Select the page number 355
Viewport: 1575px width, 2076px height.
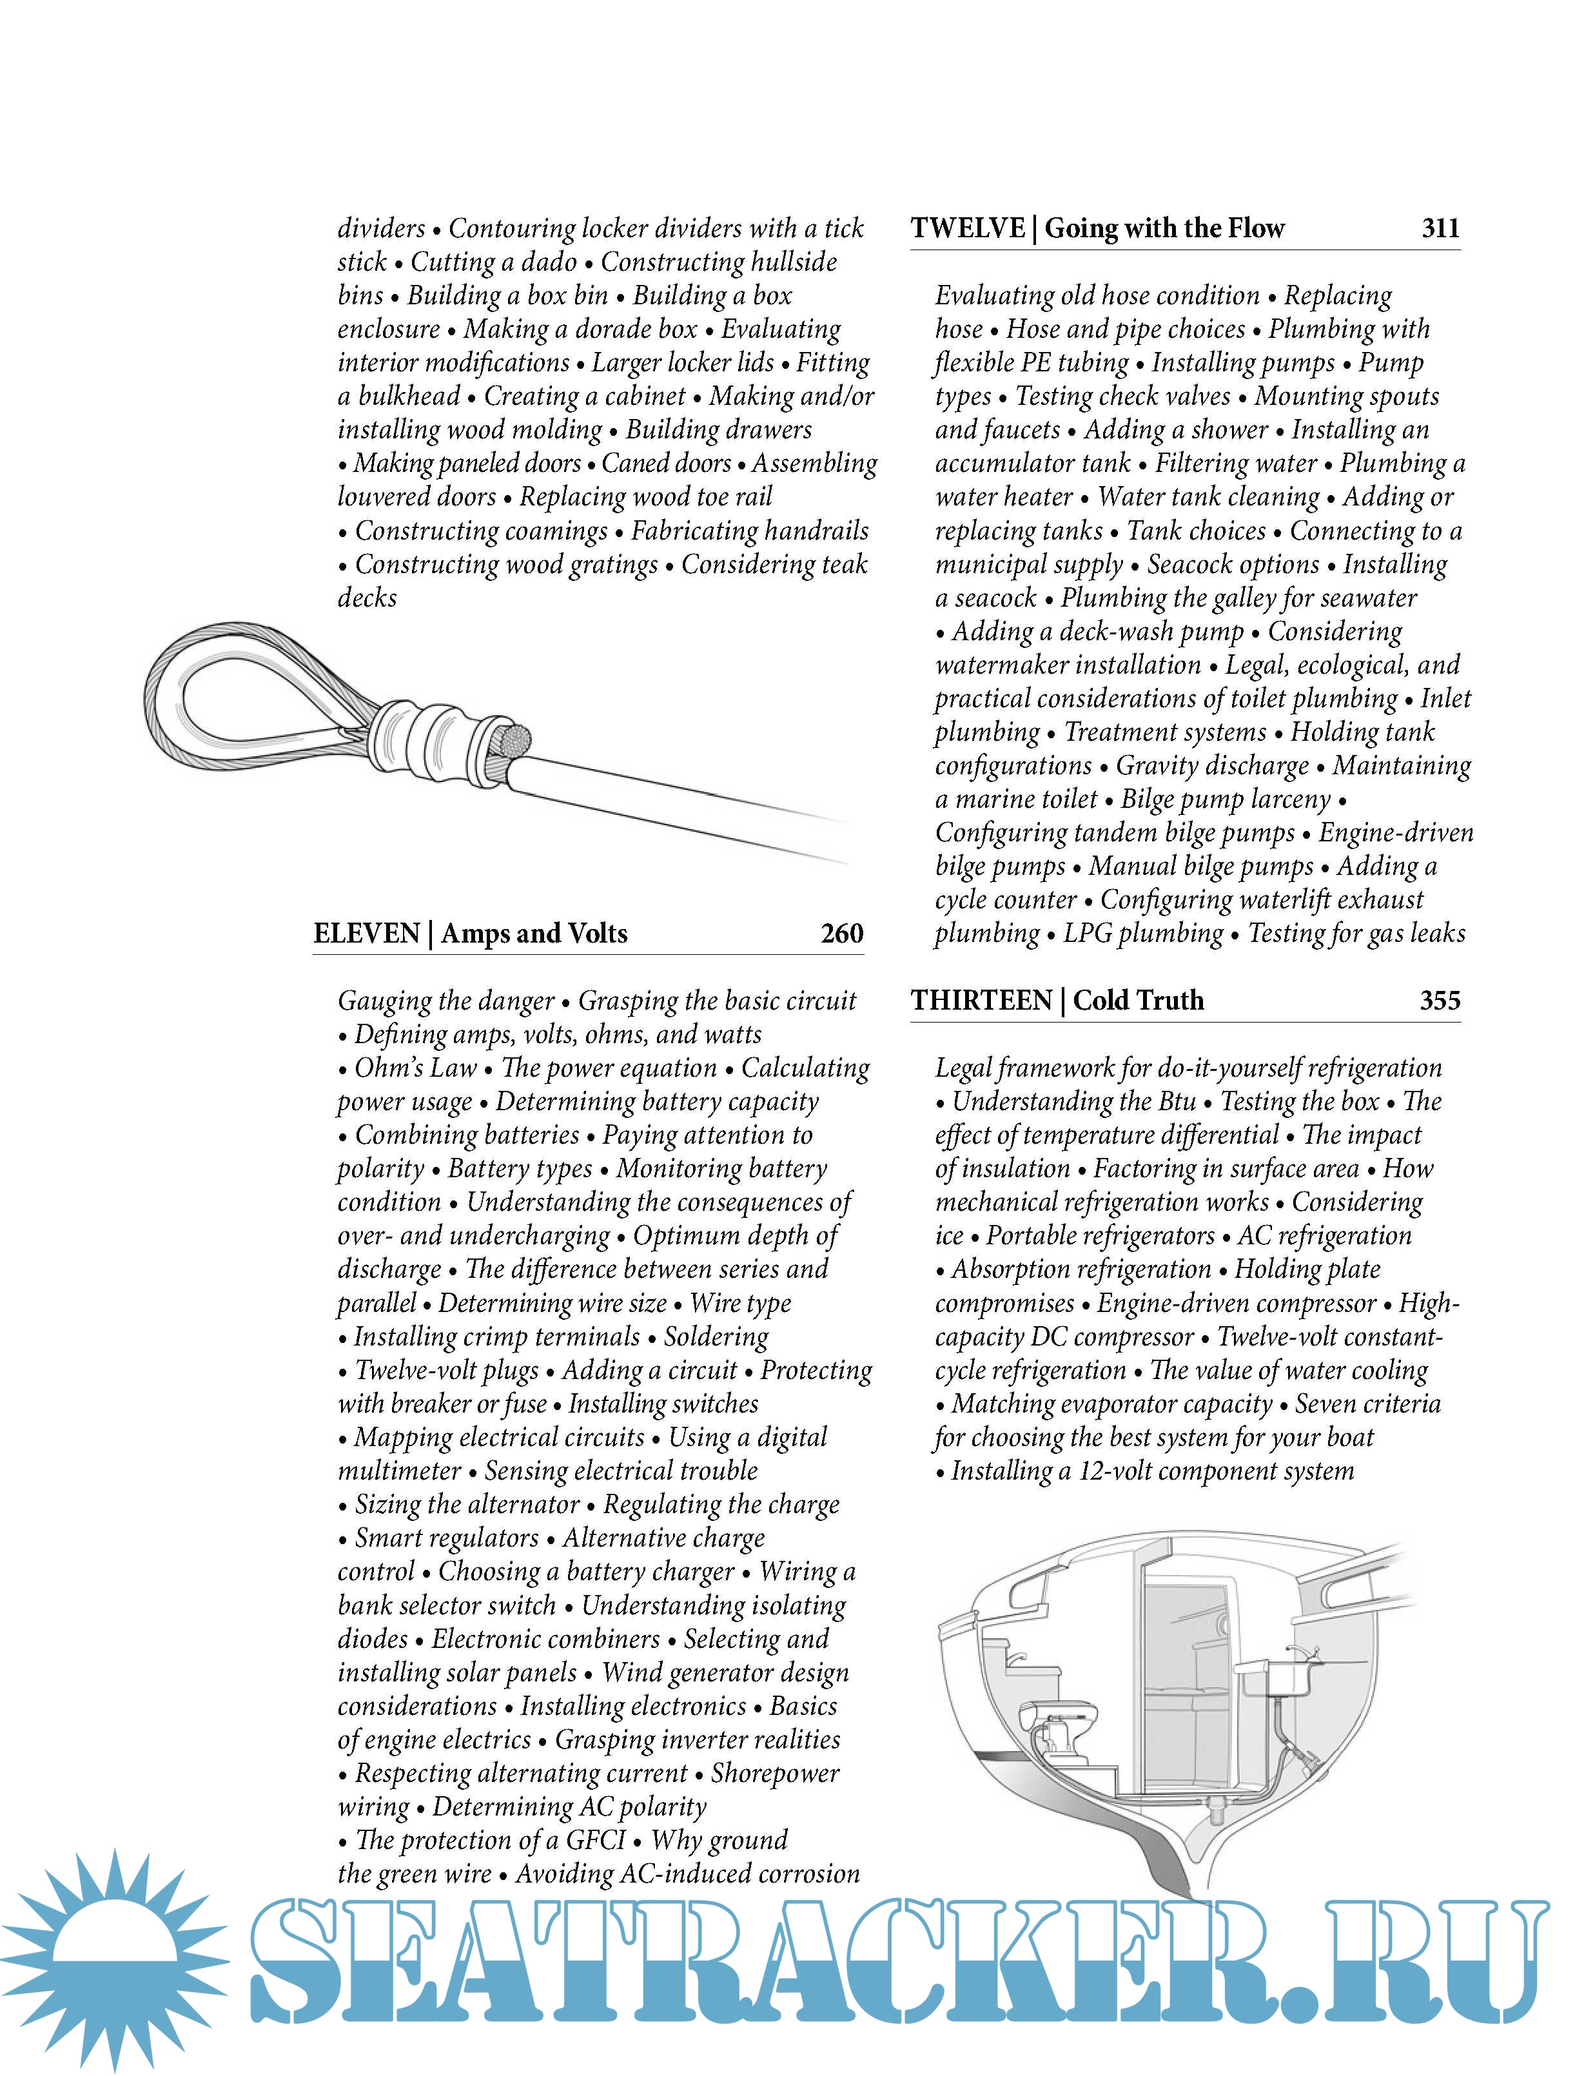[x=1439, y=1001]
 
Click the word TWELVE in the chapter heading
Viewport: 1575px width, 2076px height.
[x=967, y=228]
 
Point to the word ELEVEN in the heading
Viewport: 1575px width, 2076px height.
[x=366, y=933]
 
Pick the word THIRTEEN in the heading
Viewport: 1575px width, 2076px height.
[x=981, y=1001]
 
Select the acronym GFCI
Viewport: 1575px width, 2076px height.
[x=595, y=1841]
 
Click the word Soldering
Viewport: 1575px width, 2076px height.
[x=716, y=1337]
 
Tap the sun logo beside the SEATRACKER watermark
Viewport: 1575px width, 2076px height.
[x=113, y=1957]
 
